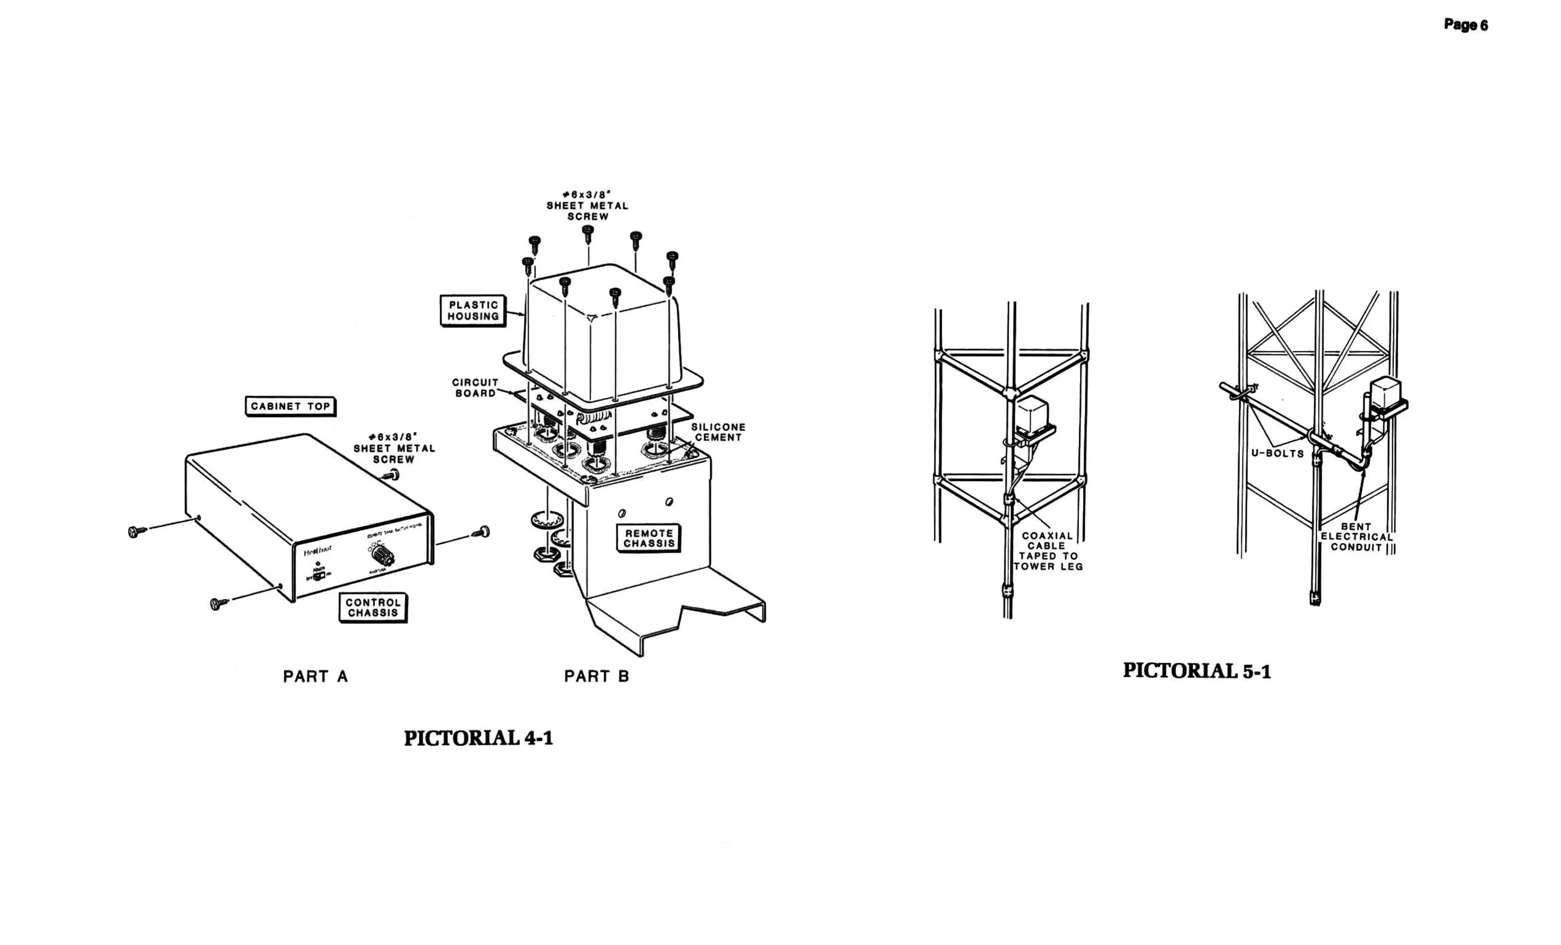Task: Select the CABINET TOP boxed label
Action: click(x=290, y=406)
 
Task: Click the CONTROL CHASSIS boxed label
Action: click(x=373, y=607)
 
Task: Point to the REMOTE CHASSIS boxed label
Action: click(x=649, y=538)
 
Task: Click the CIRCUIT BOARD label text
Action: click(x=475, y=388)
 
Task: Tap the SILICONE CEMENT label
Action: click(x=718, y=432)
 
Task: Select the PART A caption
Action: click(x=315, y=677)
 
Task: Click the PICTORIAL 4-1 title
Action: click(x=478, y=738)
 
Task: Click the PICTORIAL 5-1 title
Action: click(x=1197, y=671)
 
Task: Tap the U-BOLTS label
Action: click(x=1277, y=454)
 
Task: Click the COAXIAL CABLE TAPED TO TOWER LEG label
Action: click(x=1048, y=551)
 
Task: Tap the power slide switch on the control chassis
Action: click(x=321, y=576)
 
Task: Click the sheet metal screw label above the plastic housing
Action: click(x=587, y=205)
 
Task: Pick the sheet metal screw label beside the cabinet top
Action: click(x=394, y=448)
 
